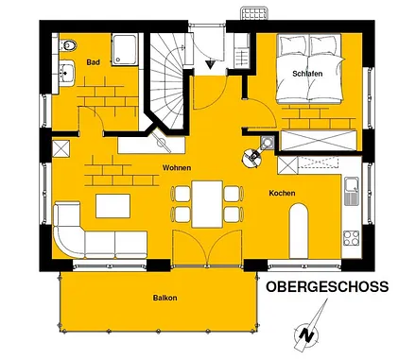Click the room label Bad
[93, 62]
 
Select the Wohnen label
[177, 167]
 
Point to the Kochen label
[282, 193]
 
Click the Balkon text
[165, 299]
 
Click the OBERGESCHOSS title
[327, 286]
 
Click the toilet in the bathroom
[68, 44]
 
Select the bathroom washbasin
[66, 72]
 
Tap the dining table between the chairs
[206, 202]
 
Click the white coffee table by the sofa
[113, 204]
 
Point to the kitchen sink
[351, 192]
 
